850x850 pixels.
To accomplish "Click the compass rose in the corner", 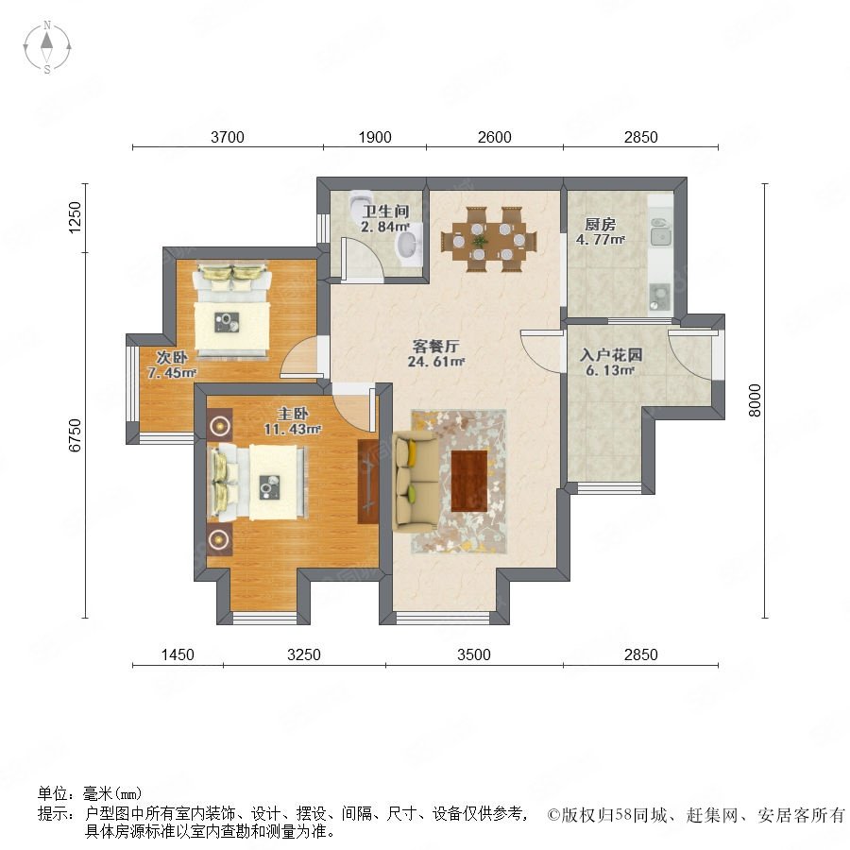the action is [x=47, y=47].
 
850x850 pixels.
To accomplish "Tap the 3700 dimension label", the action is [x=227, y=137].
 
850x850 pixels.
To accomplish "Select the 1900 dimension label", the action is [x=375, y=137].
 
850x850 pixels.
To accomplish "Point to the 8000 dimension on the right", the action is [x=755, y=400].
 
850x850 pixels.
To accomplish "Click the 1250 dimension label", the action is [x=75, y=217].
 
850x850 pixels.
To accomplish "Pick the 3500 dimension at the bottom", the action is [x=474, y=654].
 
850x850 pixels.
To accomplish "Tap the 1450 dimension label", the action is [x=178, y=654].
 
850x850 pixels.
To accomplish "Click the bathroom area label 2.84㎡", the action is [x=385, y=227].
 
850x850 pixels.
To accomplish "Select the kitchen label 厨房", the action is [x=600, y=225].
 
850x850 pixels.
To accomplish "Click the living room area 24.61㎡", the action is [x=436, y=361].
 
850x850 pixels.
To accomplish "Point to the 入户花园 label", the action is [x=611, y=355].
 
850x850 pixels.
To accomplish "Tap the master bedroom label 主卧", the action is [x=293, y=415].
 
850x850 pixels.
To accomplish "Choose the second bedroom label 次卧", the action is [x=172, y=357].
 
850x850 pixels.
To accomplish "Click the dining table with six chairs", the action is [x=489, y=239].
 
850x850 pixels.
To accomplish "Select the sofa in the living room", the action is [x=415, y=481].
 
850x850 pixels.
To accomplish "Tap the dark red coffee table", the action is [x=468, y=482].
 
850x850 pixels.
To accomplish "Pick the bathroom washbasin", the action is [x=409, y=246].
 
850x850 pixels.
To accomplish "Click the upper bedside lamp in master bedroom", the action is [x=219, y=426].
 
